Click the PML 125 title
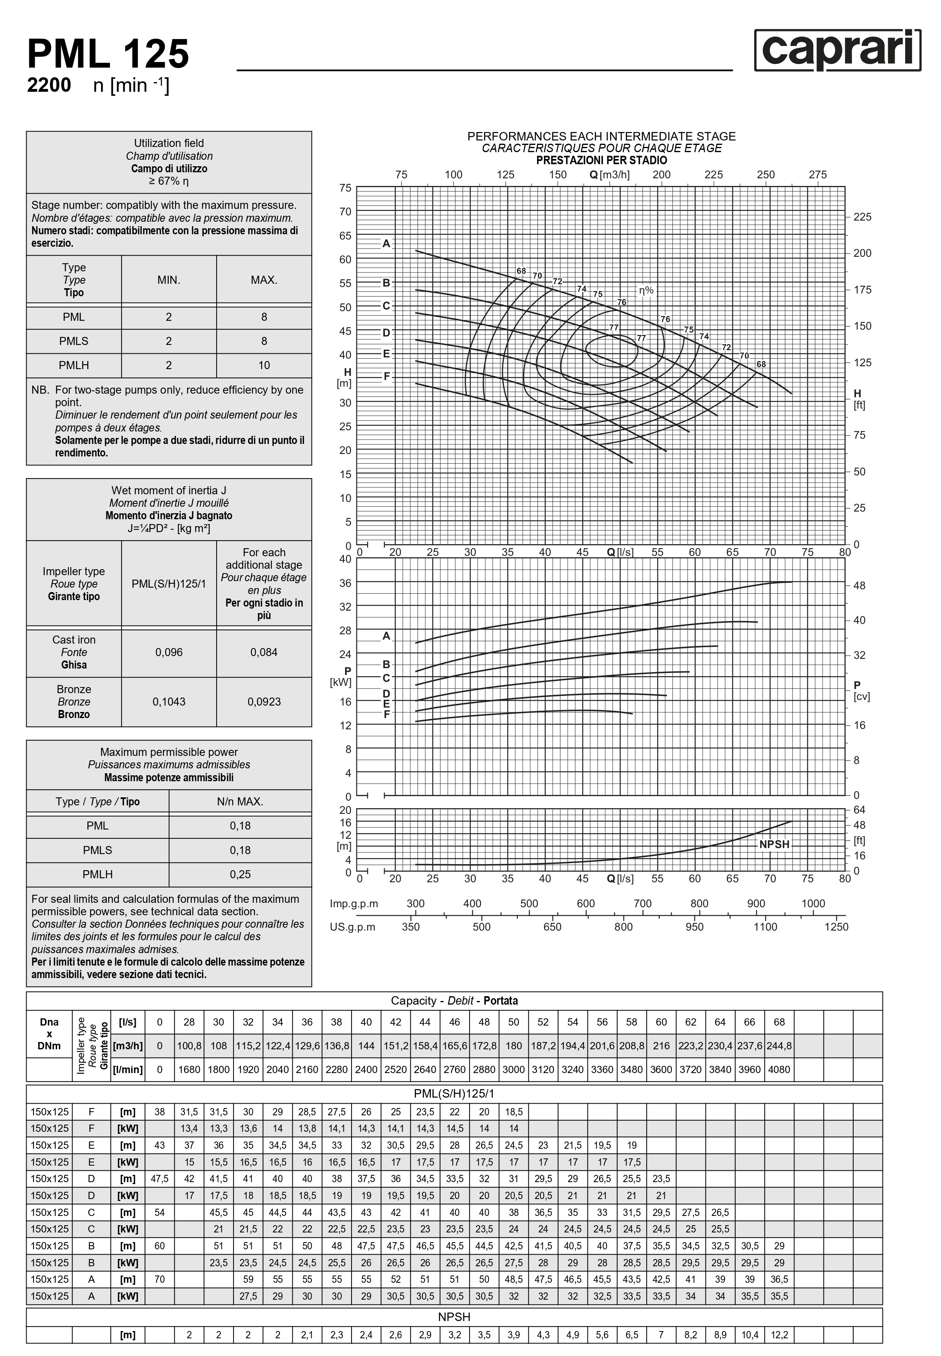(x=108, y=54)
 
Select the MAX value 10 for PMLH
(x=264, y=365)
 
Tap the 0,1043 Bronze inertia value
(x=169, y=702)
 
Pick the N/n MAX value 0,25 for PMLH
(x=240, y=875)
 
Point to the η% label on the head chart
(x=646, y=291)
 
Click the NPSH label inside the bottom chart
(x=774, y=844)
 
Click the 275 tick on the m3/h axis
(x=818, y=175)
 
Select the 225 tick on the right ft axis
(x=862, y=217)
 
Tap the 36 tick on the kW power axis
(x=345, y=583)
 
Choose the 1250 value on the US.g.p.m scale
(x=836, y=927)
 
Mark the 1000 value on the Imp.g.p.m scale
(x=813, y=904)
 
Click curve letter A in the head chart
(x=386, y=244)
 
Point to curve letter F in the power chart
(x=387, y=714)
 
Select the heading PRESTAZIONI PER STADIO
(x=602, y=160)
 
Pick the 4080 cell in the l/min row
(x=779, y=1069)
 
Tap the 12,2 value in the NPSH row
(x=779, y=1335)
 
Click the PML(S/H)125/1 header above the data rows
(x=454, y=1094)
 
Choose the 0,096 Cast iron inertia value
(x=169, y=652)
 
